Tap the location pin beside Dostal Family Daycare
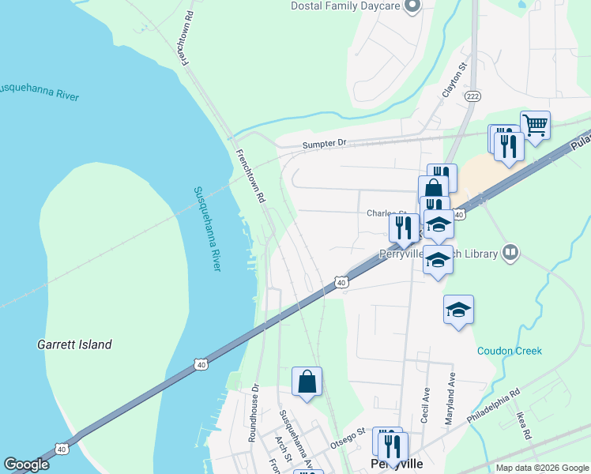[411, 7]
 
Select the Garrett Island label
[74, 344]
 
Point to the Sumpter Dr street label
[325, 145]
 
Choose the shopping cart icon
[536, 124]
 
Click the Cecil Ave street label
[425, 405]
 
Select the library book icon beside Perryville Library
[510, 253]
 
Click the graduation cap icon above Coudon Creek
[458, 309]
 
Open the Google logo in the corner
[25, 465]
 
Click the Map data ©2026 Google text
[541, 468]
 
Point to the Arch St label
[284, 446]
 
